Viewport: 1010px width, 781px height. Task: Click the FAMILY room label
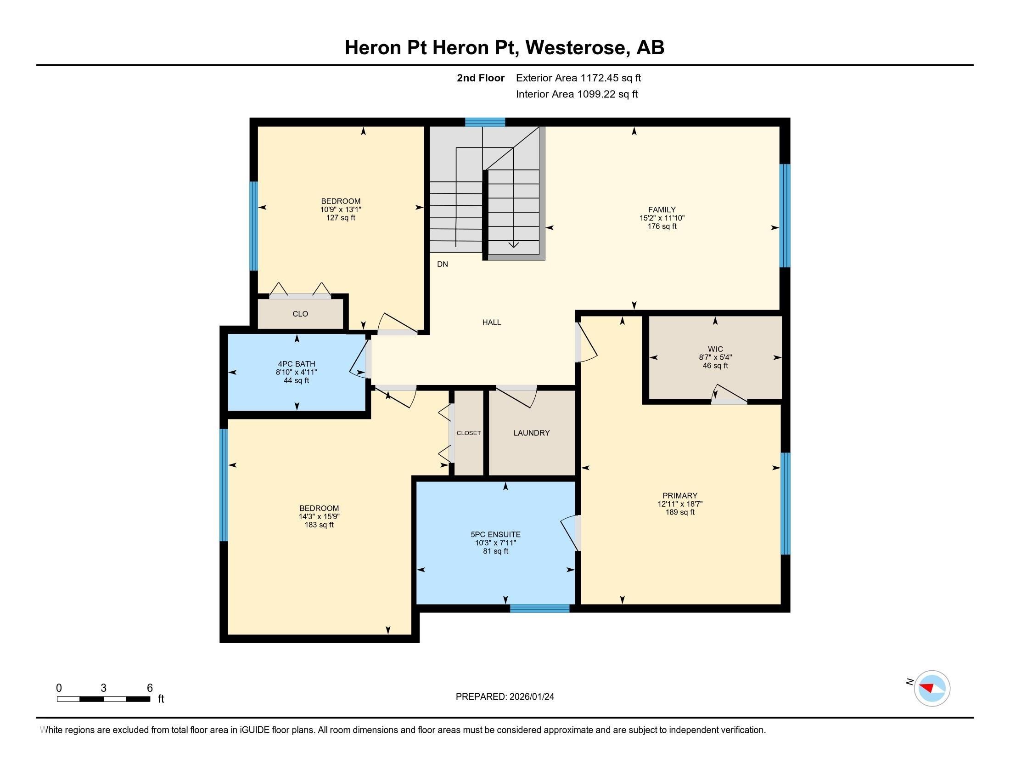click(x=661, y=209)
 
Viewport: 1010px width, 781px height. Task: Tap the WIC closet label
click(x=715, y=349)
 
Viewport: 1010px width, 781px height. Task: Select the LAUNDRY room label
click(x=531, y=433)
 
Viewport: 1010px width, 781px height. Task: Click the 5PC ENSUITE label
click(x=495, y=534)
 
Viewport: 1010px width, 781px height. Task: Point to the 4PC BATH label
click(x=296, y=364)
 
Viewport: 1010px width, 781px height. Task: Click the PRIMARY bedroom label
click(x=679, y=496)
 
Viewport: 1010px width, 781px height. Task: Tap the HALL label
click(x=491, y=323)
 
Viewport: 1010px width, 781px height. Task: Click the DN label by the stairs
click(x=443, y=264)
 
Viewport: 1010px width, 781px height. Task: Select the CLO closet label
click(x=300, y=314)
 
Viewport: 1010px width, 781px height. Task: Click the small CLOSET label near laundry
click(x=468, y=433)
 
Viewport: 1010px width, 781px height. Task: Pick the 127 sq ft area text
click(x=340, y=218)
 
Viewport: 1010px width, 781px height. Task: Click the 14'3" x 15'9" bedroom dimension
click(x=319, y=516)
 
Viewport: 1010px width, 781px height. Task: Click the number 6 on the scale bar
click(x=149, y=688)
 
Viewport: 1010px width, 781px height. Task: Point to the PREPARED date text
click(x=505, y=697)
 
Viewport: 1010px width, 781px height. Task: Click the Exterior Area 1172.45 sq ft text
click(x=578, y=78)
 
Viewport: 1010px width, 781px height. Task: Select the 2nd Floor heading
click(x=480, y=78)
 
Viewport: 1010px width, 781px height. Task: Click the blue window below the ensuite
click(x=539, y=608)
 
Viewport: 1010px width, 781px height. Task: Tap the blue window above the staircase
click(x=485, y=122)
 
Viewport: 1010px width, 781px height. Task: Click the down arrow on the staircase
click(x=513, y=244)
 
